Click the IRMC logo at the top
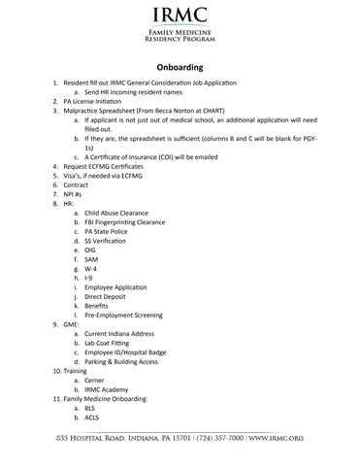[x=180, y=17]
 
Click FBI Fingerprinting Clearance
[x=125, y=223]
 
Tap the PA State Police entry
[x=106, y=233]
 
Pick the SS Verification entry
[x=107, y=242]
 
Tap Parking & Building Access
[x=120, y=363]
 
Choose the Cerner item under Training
[x=95, y=382]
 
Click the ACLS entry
[x=92, y=419]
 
